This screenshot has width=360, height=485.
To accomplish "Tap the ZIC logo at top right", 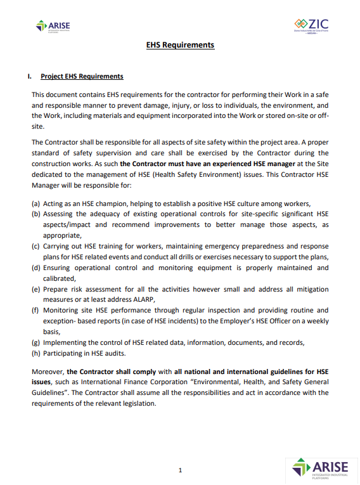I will [311, 27].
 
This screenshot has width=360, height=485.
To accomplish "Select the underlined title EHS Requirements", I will [180, 45].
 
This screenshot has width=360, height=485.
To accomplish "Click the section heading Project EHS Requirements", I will [82, 76].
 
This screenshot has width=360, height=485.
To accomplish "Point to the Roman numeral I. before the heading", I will [29, 76].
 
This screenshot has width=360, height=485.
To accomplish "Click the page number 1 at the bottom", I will [180, 470].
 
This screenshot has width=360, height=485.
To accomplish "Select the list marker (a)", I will [37, 203].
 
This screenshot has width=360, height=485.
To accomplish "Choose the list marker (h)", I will [37, 352].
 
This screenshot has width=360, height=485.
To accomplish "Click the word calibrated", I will [59, 278].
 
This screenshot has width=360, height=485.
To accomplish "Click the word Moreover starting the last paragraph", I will [48, 372].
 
